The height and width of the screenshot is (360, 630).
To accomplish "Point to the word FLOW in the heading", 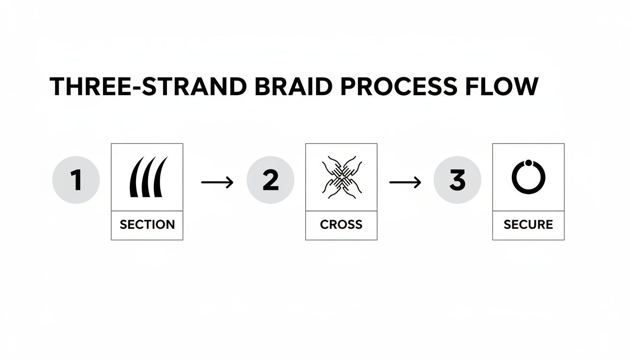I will click(506, 87).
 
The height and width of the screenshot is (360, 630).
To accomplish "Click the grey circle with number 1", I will click(76, 180).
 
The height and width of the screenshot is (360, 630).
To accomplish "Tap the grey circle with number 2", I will click(270, 180).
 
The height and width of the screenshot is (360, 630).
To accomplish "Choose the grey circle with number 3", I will click(457, 180).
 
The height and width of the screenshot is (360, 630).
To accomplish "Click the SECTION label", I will click(147, 224).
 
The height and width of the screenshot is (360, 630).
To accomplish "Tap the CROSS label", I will click(341, 224).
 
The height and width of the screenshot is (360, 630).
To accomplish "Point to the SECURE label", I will click(528, 224).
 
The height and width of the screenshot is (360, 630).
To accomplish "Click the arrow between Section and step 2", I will click(217, 182).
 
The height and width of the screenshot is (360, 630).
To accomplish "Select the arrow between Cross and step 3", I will click(405, 182).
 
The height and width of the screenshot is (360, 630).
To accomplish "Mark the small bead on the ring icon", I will click(528, 163).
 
